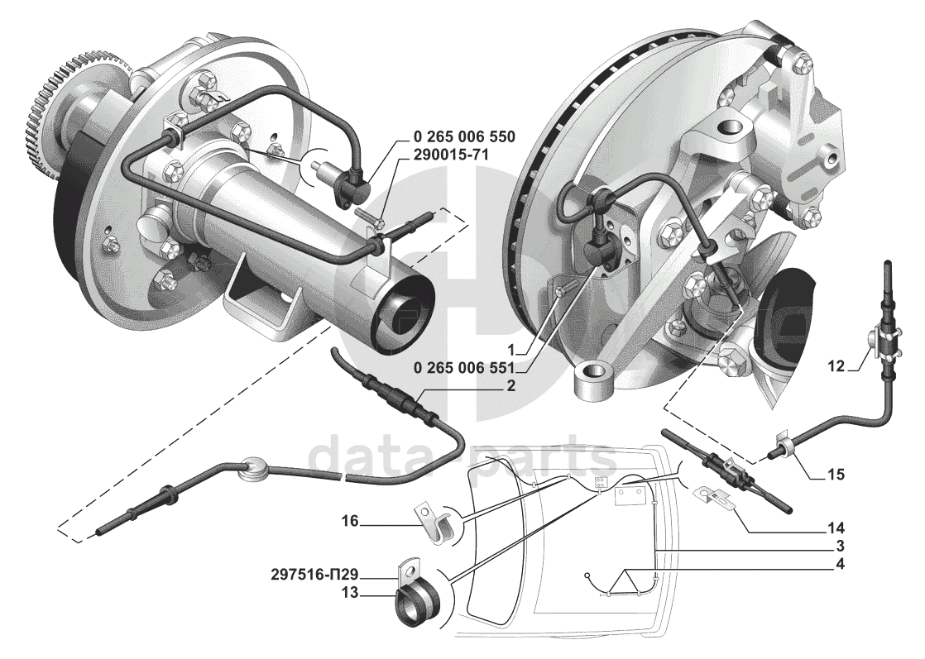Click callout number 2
(x=513, y=384)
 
